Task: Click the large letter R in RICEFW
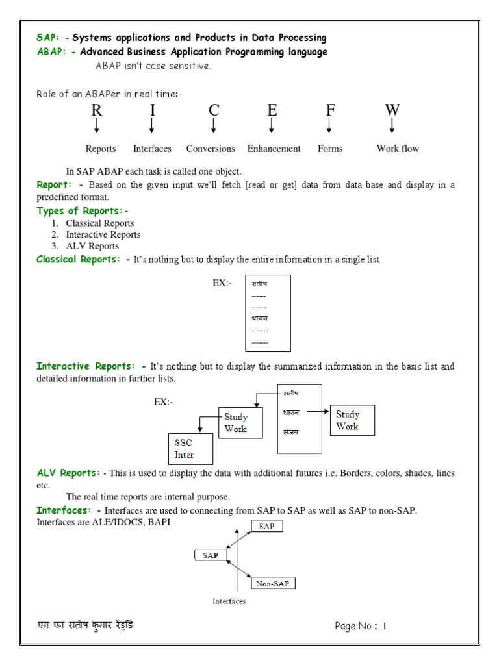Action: click(x=96, y=110)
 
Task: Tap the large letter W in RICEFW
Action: click(x=392, y=110)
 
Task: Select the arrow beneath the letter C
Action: click(x=213, y=126)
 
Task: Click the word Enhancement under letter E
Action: click(x=274, y=149)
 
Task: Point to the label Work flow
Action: click(x=398, y=149)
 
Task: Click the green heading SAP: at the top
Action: click(x=47, y=38)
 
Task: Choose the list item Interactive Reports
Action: click(x=103, y=234)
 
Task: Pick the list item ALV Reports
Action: click(x=92, y=246)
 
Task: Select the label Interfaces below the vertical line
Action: click(x=229, y=601)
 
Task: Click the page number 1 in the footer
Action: click(x=385, y=627)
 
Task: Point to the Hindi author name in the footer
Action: click(x=86, y=626)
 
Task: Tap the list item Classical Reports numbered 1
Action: click(x=99, y=223)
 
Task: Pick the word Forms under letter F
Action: click(x=330, y=149)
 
